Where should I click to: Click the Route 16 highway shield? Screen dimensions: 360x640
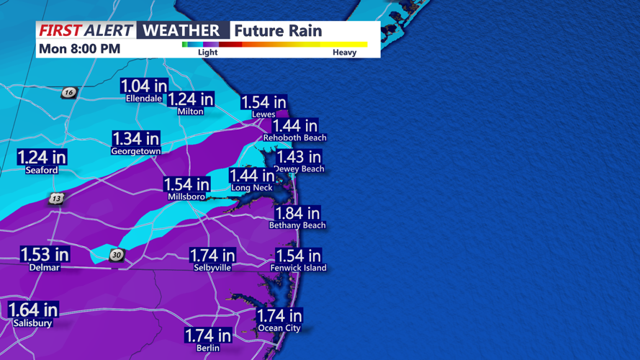[68, 92]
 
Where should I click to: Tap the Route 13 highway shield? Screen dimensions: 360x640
[56, 198]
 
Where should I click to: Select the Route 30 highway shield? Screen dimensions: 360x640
[116, 255]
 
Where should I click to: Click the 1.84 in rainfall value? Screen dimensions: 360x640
[297, 213]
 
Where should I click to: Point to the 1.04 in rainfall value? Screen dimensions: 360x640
[143, 86]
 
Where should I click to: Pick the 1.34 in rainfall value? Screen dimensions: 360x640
[135, 138]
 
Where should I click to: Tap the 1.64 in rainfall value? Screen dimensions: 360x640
[32, 310]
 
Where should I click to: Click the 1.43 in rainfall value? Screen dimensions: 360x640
[299, 157]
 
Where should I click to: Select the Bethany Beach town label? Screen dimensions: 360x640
[297, 225]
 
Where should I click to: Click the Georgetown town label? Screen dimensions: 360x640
[135, 151]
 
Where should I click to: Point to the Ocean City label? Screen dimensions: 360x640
[279, 328]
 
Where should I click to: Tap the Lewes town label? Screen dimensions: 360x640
[263, 114]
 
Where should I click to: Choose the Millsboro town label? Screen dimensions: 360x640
[186, 197]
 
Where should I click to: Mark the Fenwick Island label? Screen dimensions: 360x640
[298, 268]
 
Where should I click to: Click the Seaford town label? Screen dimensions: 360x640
[41, 170]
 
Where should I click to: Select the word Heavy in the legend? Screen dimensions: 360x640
[344, 52]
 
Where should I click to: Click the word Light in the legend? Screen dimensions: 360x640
[207, 52]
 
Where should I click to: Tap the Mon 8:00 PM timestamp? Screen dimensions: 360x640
[79, 49]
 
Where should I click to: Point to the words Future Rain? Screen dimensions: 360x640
[277, 31]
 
